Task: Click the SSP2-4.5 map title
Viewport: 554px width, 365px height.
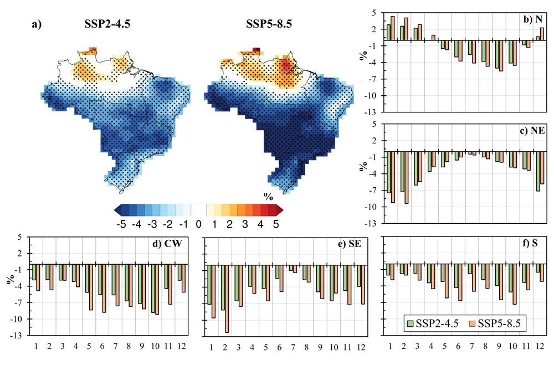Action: point(104,24)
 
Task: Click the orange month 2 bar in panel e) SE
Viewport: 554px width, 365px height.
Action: point(227,299)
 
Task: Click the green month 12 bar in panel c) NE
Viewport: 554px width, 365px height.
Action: point(537,171)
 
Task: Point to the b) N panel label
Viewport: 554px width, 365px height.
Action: point(532,20)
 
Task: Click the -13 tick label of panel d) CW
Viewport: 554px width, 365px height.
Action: point(16,336)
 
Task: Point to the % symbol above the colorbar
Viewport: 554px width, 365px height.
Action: point(268,196)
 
